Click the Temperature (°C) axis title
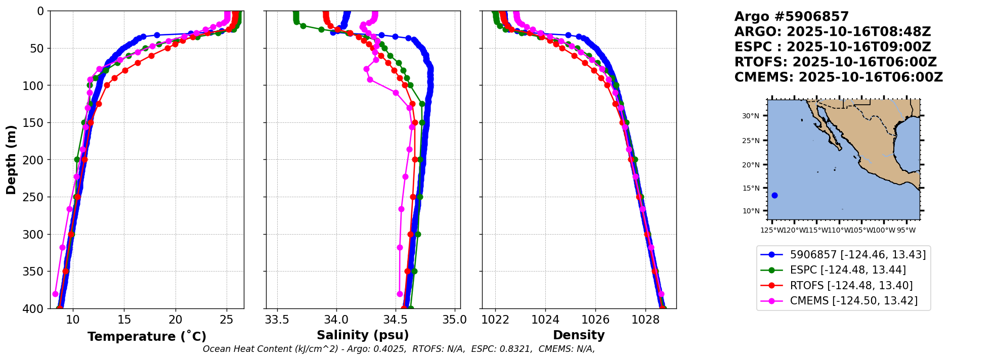147,336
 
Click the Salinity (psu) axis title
363,335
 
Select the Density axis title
579,335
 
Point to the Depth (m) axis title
11,159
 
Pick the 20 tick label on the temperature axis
176,320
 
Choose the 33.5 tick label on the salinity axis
277,320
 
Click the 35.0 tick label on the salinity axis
455,320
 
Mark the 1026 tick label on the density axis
595,320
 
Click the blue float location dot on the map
774,195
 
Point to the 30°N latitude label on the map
751,116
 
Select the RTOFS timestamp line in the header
835,62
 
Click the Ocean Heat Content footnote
399,349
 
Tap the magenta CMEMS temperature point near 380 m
56,294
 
